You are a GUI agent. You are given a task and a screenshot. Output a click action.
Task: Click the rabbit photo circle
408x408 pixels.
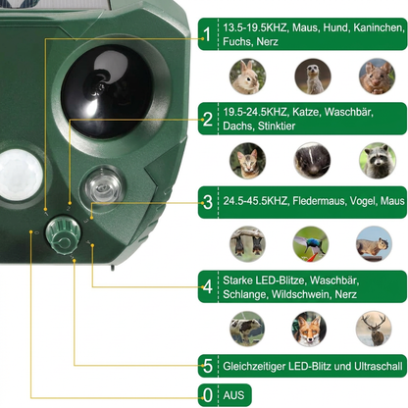click(247, 76)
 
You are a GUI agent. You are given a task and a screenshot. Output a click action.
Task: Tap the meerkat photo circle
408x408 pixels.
click(313, 76)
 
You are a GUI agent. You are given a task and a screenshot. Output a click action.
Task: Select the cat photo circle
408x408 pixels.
click(247, 161)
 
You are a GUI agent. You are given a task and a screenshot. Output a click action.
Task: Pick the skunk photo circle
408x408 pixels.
click(312, 161)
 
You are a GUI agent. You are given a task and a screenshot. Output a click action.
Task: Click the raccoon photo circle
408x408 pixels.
click(378, 161)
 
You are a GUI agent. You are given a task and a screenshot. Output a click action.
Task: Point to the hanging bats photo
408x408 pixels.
click(247, 244)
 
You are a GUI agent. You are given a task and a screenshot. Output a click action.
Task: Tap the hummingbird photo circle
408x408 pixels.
click(311, 244)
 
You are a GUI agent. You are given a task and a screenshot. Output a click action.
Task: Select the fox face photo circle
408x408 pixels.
click(309, 329)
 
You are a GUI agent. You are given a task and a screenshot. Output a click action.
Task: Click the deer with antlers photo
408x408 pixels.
click(374, 329)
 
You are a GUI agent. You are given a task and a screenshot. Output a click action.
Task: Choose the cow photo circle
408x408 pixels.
click(247, 329)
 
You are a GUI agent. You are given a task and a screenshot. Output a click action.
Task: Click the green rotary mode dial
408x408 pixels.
click(63, 234)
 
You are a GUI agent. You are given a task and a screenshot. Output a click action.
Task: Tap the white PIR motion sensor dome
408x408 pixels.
click(21, 175)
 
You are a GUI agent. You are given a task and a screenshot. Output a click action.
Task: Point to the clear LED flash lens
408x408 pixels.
click(102, 185)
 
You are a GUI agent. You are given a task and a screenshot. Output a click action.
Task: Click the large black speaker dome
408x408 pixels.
click(107, 91)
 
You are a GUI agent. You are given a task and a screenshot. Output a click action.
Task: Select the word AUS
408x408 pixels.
click(233, 395)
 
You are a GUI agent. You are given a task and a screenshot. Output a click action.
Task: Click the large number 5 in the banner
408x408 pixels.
click(208, 366)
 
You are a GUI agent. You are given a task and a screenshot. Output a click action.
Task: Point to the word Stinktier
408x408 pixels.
click(277, 126)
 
